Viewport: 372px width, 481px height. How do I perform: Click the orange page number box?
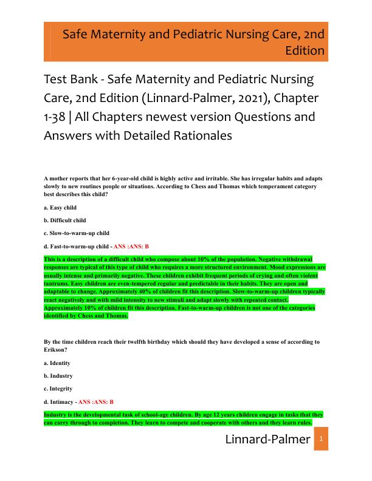322,439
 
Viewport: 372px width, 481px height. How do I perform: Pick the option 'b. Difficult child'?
65,220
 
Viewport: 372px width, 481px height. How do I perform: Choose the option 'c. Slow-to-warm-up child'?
77,233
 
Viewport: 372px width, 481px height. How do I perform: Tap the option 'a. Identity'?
57,363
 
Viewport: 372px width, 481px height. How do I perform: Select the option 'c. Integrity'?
58,389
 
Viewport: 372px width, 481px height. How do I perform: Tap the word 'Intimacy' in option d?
62,401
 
